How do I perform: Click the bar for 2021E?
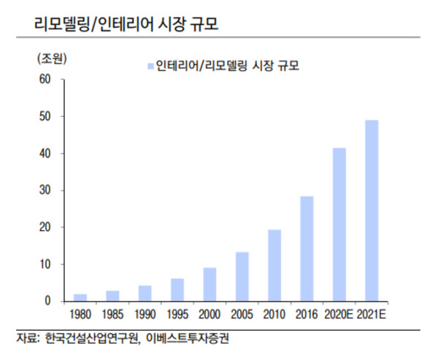(372, 210)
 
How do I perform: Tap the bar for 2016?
(307, 248)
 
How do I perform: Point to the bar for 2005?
(241, 276)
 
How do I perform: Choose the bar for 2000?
(209, 284)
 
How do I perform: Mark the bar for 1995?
(177, 289)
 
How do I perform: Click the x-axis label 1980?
(80, 315)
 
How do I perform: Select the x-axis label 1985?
(112, 315)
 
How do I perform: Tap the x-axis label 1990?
(145, 315)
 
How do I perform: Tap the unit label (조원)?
(50, 56)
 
